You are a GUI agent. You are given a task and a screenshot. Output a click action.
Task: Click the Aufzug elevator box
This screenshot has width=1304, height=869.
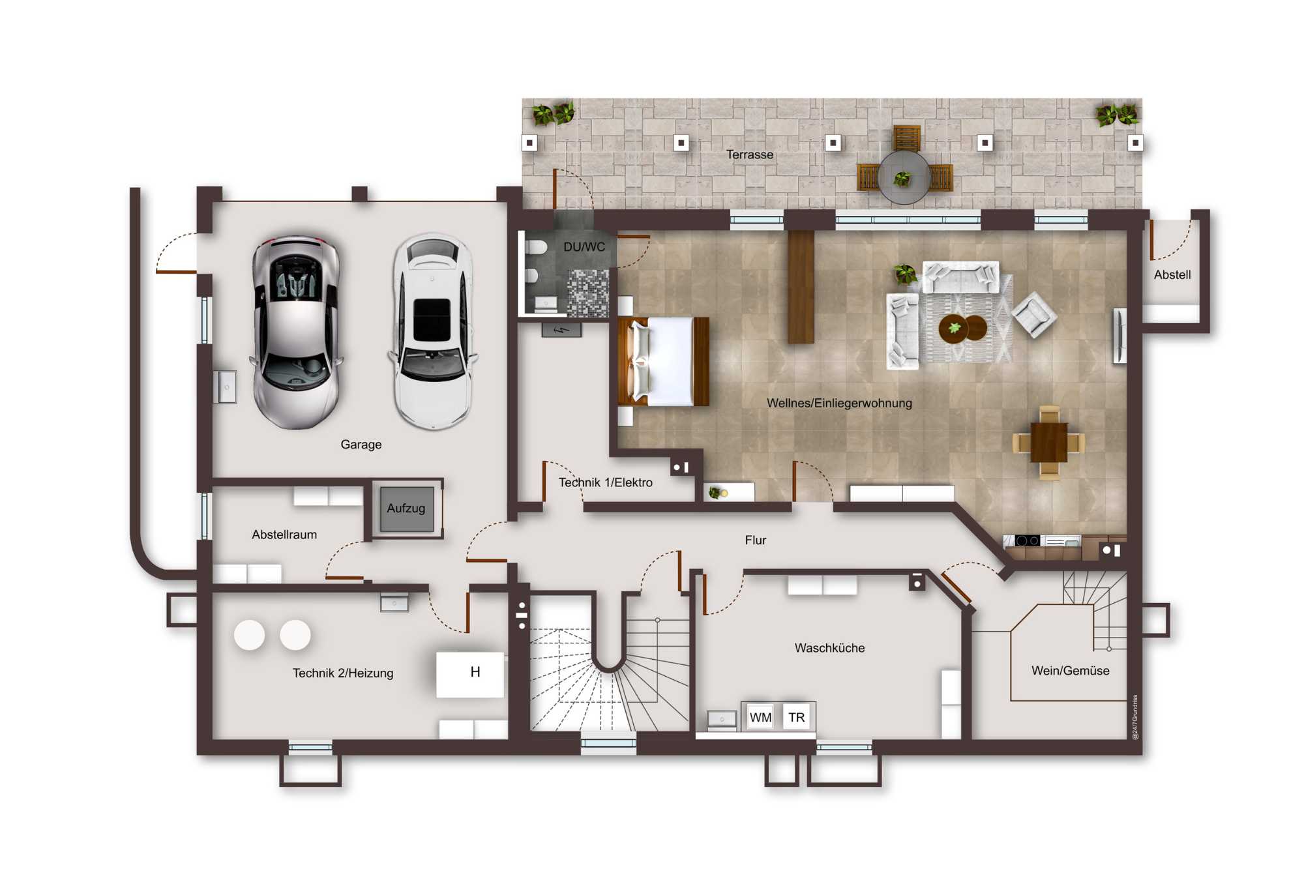pos(406,508)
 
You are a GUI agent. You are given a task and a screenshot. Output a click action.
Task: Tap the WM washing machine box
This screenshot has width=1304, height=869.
pos(760,717)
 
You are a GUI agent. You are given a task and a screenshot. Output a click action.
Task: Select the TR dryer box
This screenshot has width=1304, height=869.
pos(796,717)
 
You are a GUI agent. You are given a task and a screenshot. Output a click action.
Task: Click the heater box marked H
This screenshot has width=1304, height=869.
pos(470,674)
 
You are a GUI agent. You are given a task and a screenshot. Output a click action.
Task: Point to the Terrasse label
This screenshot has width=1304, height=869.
pos(750,155)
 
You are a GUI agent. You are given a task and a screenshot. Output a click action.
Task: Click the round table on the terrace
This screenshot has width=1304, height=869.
pos(904,177)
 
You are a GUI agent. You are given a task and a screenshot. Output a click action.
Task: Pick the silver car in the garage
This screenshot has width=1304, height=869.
pos(296,332)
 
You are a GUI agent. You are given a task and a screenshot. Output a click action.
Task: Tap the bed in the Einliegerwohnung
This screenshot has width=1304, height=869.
pos(663,361)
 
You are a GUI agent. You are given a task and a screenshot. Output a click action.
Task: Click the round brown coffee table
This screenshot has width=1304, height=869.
pos(963,328)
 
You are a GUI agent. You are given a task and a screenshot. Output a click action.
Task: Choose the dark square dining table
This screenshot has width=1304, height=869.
pos(1049,442)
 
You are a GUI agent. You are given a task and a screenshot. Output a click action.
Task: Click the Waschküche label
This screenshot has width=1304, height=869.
pos(829,648)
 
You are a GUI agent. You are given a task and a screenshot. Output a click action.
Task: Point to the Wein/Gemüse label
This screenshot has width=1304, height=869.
pos(1070,671)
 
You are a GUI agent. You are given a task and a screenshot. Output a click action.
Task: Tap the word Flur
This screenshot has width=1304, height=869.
pos(756,540)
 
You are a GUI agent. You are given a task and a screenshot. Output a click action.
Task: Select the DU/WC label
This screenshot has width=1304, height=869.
pos(584,247)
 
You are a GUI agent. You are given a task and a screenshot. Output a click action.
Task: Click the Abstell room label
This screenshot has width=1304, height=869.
pos(1172,275)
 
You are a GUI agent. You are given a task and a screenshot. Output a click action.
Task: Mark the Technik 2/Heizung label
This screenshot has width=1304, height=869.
pos(343,673)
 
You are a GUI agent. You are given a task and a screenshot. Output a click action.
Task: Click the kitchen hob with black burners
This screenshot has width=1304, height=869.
pos(1028,540)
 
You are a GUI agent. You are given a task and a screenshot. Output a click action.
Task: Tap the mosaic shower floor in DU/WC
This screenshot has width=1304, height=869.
pos(587,293)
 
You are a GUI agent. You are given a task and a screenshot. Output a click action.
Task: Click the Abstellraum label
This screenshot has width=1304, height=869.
pos(284,535)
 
